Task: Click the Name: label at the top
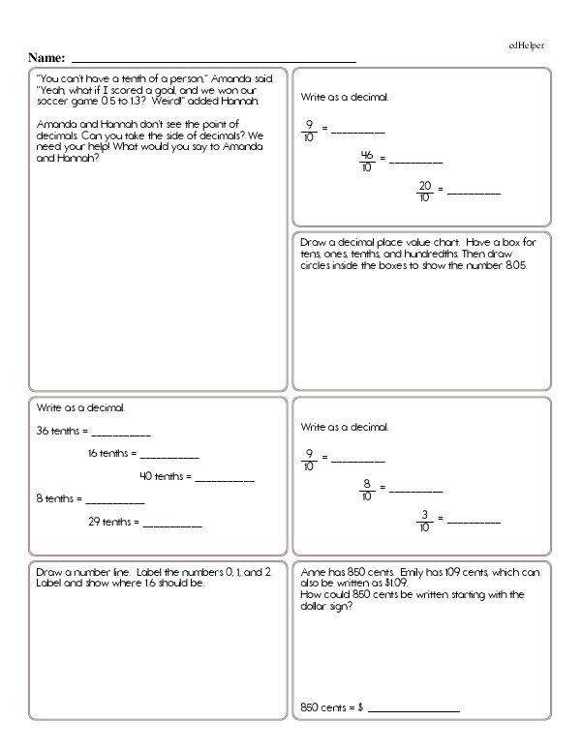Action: pyautogui.click(x=47, y=58)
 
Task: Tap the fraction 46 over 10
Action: pyautogui.click(x=367, y=160)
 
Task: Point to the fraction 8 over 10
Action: pyautogui.click(x=367, y=490)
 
